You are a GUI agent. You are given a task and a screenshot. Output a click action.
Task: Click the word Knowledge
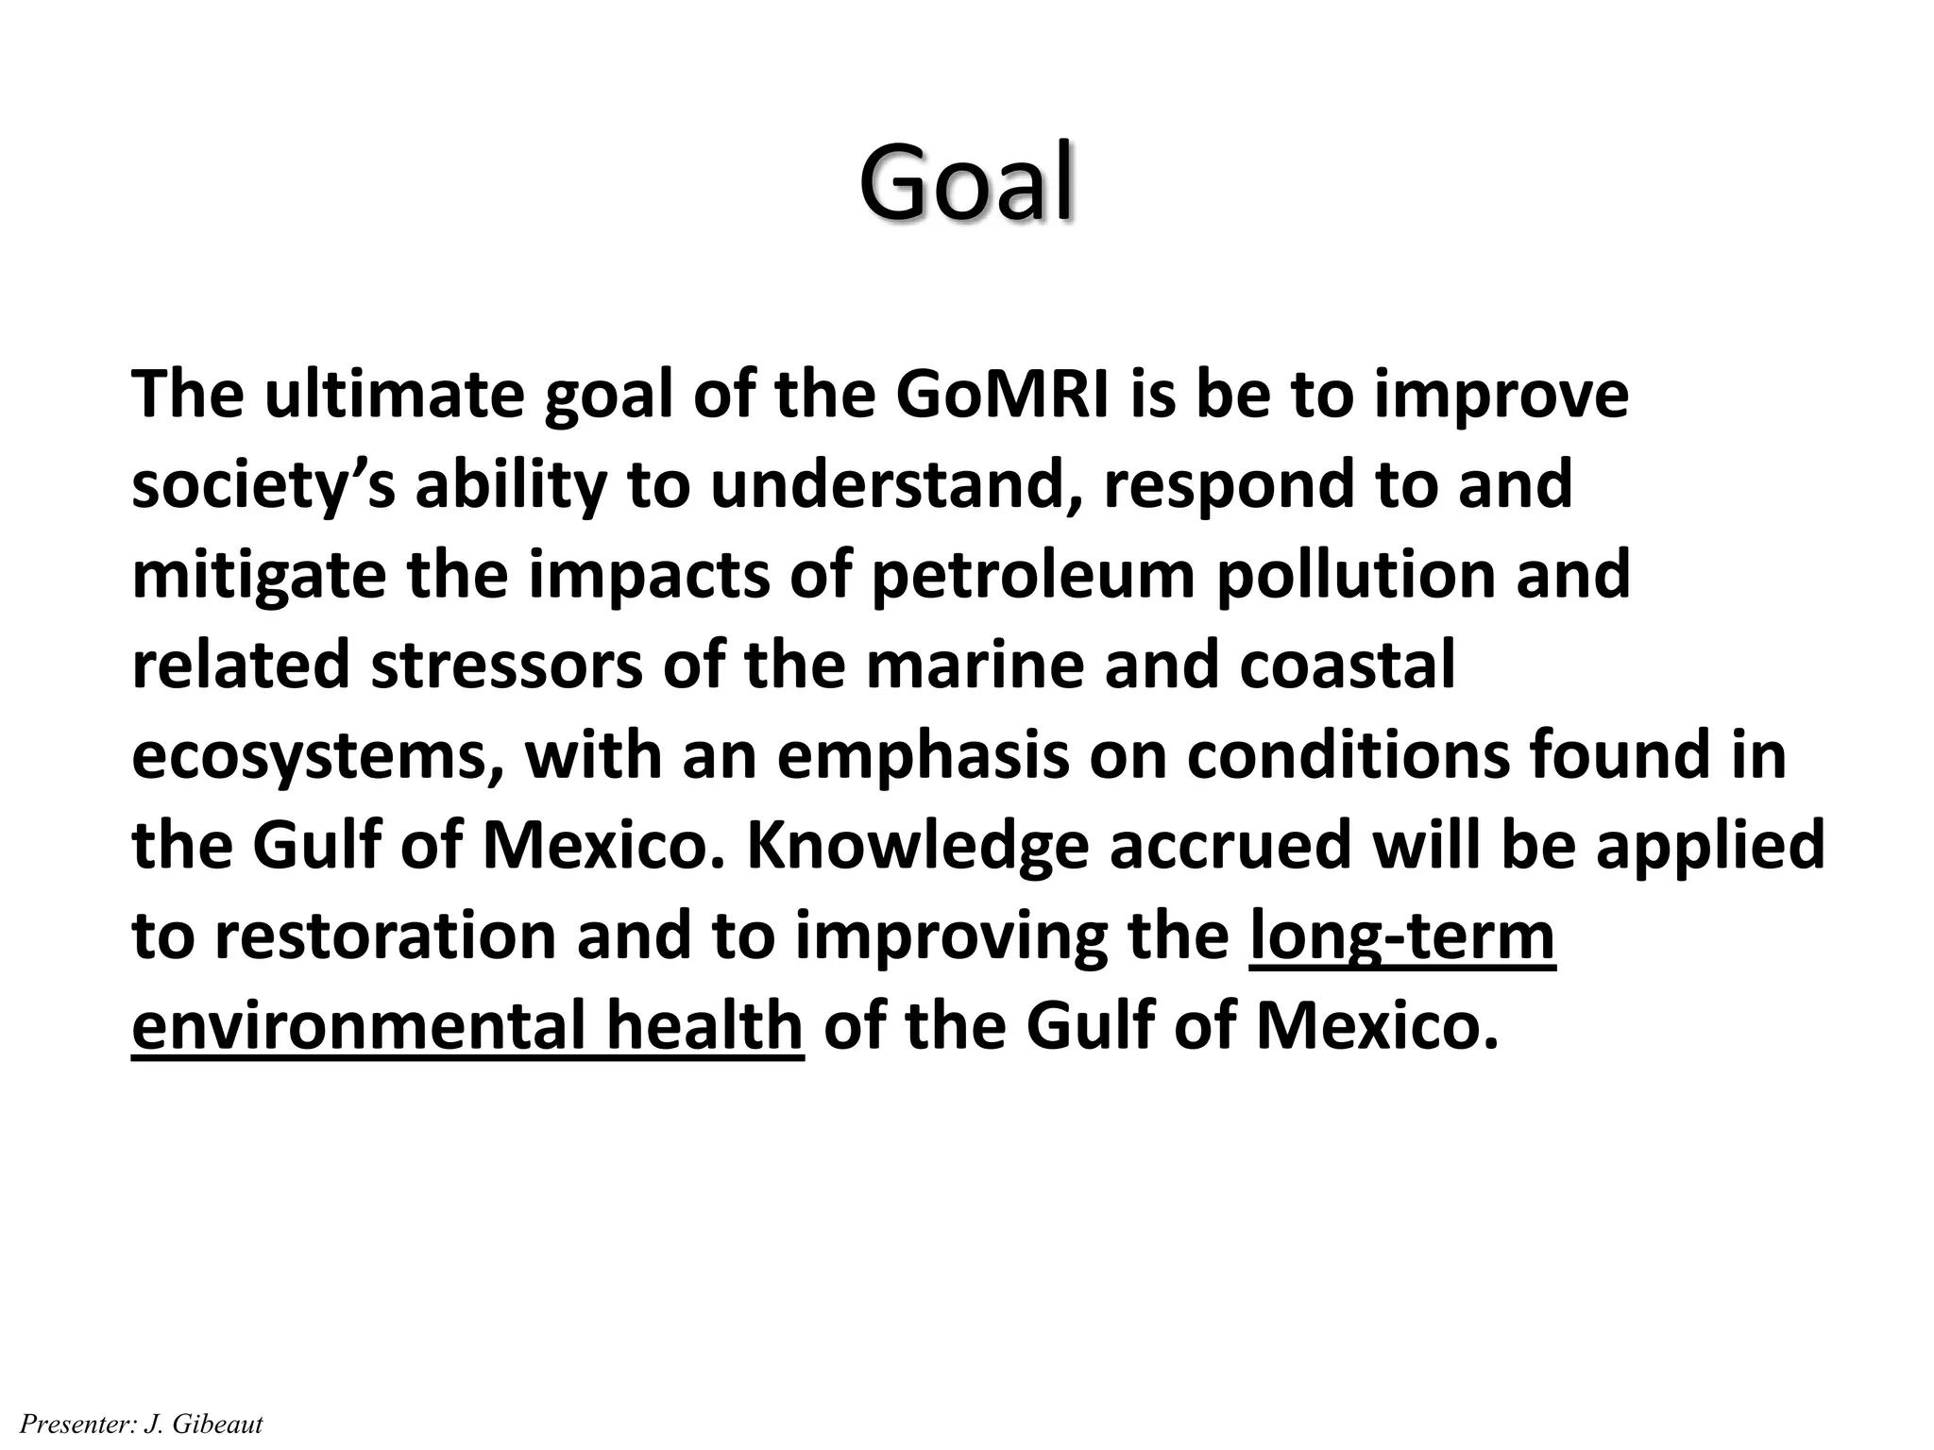click(x=918, y=846)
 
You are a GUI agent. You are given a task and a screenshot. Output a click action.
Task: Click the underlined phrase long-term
click(x=1401, y=936)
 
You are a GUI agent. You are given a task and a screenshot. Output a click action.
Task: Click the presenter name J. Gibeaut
click(x=203, y=1424)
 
